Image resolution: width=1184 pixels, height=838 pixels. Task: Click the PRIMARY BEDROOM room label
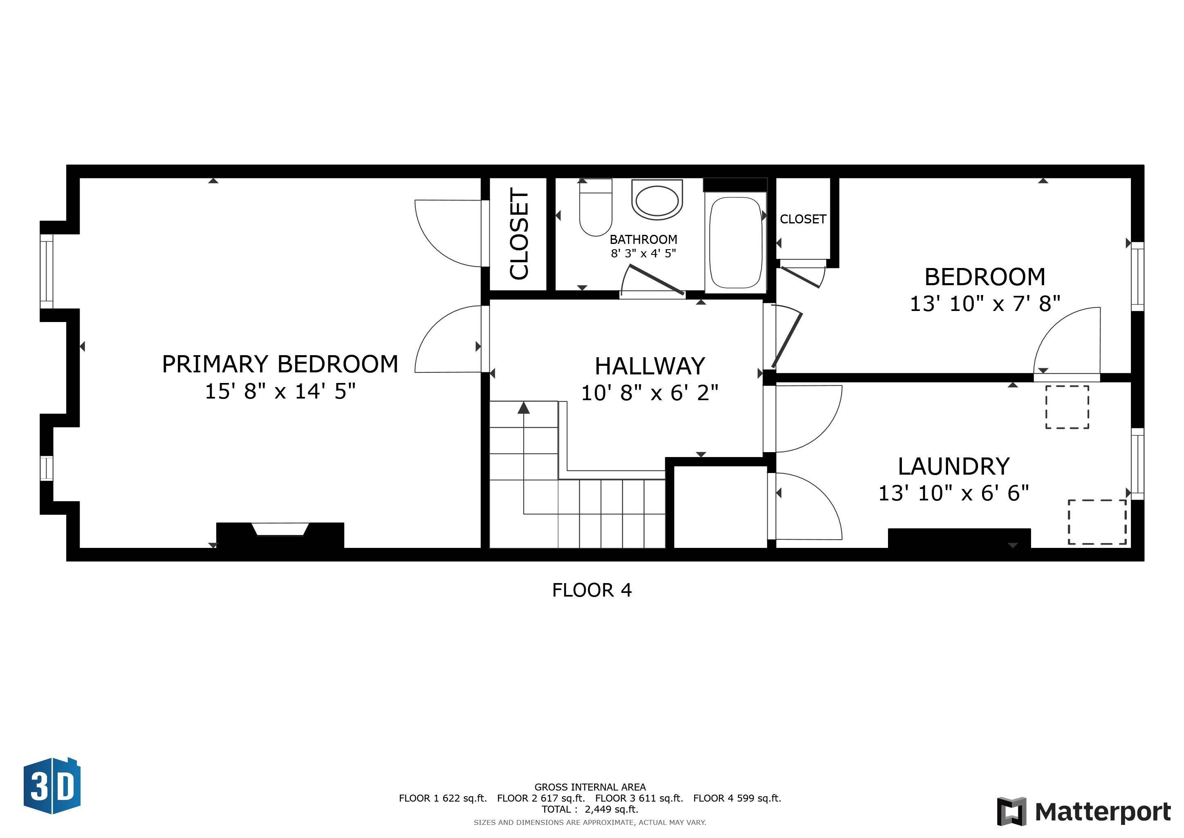coord(280,364)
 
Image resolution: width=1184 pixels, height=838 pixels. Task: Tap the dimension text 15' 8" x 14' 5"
coord(280,392)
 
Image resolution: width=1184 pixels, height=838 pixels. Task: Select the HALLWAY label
coord(650,366)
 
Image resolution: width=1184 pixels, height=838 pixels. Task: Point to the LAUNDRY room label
coord(953,466)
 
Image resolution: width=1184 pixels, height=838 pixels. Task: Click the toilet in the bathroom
coord(596,207)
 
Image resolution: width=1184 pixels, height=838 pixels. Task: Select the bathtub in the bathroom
coord(736,243)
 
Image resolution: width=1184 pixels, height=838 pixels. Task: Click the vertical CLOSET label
coord(519,234)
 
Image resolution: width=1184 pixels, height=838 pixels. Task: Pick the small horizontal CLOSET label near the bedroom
coord(803,219)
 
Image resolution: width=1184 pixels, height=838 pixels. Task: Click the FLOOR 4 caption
coord(592,590)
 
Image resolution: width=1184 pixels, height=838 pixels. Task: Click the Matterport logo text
coord(1103,812)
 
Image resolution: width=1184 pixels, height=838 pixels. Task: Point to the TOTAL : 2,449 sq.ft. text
coord(590,809)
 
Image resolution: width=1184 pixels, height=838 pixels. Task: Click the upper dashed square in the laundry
coord(1067,407)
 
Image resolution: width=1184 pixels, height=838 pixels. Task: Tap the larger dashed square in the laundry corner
coord(1097,522)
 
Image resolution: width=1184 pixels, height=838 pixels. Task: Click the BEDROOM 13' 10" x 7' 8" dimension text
coord(985,304)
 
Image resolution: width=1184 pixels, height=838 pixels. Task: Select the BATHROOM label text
coord(643,239)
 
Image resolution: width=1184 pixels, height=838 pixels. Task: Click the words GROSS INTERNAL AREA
coord(590,787)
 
